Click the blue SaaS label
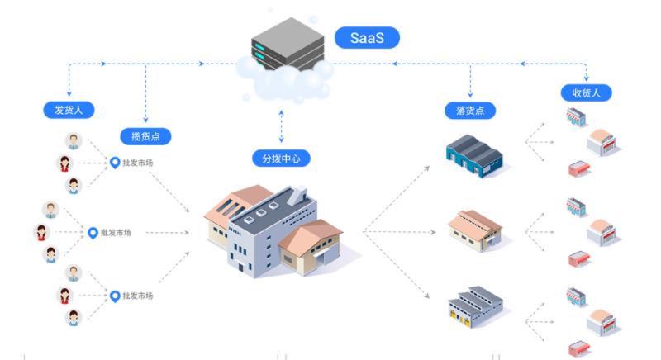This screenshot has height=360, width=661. [x=367, y=37]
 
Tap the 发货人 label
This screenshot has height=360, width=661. [x=69, y=109]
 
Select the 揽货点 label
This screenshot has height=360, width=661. [x=145, y=136]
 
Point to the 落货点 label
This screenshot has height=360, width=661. [x=470, y=110]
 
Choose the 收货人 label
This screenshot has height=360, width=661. [x=586, y=92]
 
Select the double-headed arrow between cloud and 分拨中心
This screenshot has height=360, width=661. [x=281, y=124]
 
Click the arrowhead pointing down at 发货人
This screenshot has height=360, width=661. [x=69, y=95]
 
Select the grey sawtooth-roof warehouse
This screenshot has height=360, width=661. [x=475, y=306]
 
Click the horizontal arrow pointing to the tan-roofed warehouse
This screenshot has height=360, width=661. [x=397, y=232]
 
